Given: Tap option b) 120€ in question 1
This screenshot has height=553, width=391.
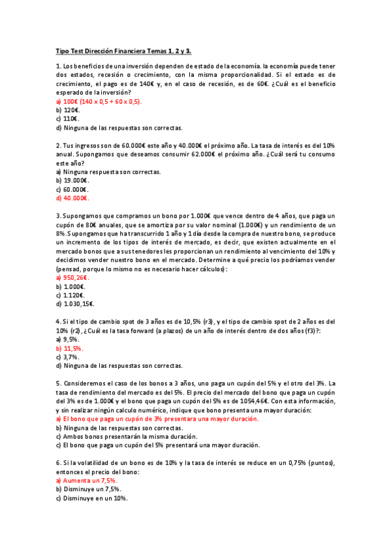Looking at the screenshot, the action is [x=68, y=110].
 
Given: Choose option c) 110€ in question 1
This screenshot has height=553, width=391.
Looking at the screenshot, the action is [x=68, y=119].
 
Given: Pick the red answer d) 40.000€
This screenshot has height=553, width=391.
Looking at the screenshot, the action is [x=72, y=198].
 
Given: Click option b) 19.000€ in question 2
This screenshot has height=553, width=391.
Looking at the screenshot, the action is [x=72, y=180].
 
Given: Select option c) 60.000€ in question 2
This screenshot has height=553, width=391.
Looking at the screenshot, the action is [x=72, y=189].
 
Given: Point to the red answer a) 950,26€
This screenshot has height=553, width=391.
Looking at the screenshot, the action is [x=72, y=277].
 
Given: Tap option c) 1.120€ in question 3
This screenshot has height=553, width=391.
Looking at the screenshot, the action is [x=70, y=295].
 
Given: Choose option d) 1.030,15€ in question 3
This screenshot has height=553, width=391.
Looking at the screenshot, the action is [x=75, y=303].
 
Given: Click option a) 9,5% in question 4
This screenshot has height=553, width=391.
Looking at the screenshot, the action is [x=68, y=339].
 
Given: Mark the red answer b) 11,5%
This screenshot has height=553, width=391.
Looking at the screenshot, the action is [x=70, y=348].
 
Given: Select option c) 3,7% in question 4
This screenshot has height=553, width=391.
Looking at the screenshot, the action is [x=68, y=357].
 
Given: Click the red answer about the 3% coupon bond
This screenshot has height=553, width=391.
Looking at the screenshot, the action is [x=157, y=419].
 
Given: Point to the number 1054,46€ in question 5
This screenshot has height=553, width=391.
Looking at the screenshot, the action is [x=242, y=401].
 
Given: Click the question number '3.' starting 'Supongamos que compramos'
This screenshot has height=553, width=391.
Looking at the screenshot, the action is [x=59, y=216].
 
